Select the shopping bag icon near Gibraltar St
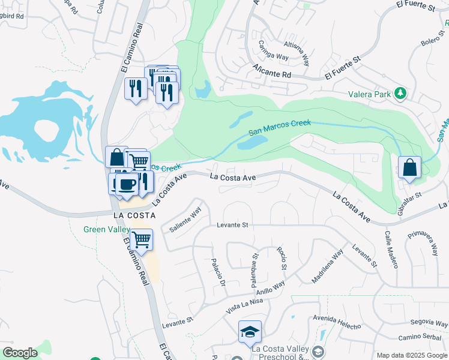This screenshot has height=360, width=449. (x=409, y=167)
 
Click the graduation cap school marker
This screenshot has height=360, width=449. (x=250, y=332)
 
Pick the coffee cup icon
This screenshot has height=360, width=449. (x=126, y=184)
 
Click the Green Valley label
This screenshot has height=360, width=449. (x=106, y=229)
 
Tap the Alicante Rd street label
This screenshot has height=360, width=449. (x=271, y=71)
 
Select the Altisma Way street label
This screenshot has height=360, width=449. (x=298, y=53)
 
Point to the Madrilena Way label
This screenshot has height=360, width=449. (x=327, y=266)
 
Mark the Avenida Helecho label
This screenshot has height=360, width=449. (x=336, y=322)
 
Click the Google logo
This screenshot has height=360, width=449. (x=20, y=353)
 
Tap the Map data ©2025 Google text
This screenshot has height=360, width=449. (x=411, y=355)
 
